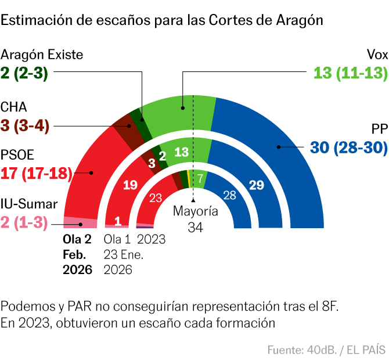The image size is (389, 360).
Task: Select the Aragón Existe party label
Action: coord(42,55)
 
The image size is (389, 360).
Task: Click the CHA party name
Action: coord(13,107)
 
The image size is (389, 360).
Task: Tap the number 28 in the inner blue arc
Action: coord(229,196)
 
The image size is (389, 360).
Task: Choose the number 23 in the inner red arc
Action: coord(156,197)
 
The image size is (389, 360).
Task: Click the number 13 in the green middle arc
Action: coord(181,152)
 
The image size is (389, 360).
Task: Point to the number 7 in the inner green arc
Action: coord(200,179)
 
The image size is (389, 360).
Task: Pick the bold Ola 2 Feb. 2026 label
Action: coord(77,254)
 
